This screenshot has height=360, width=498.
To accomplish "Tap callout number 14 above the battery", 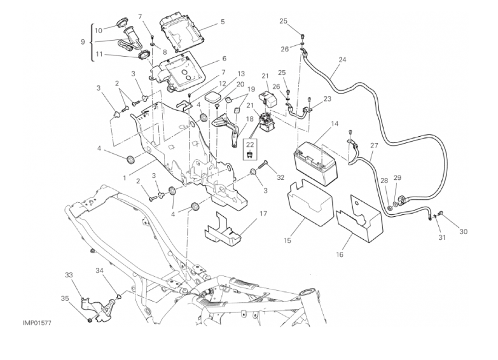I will point(335,125).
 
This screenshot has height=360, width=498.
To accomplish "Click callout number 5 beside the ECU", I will point(222,22).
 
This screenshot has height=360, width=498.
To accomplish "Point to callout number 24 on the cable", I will point(343,60).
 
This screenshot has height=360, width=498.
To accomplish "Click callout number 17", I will point(262,214).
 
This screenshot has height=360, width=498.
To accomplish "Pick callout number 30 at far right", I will point(463,232).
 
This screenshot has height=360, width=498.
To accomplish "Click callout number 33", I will point(69,275).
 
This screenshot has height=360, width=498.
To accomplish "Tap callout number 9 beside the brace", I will point(82,42).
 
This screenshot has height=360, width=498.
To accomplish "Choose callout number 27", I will point(374,146).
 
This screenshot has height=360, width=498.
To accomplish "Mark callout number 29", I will point(398,178).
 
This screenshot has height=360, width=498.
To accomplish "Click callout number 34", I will point(99,272).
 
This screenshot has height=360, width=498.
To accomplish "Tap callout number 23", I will point(328,99).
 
